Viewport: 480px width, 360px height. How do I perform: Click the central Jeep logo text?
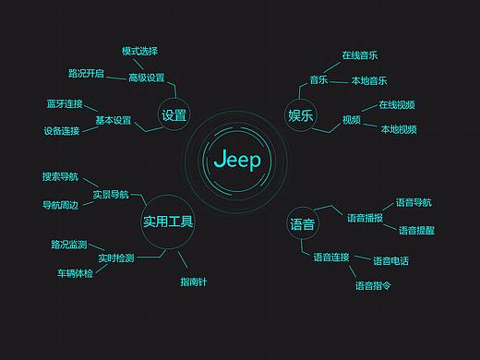[x=237, y=160]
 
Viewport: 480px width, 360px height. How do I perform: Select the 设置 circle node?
[x=174, y=115]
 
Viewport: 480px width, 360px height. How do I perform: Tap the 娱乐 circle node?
[x=301, y=115]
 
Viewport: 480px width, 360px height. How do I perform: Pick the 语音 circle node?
[x=302, y=224]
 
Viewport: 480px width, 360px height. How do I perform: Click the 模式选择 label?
[x=139, y=51]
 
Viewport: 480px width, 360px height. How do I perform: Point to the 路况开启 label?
[x=86, y=73]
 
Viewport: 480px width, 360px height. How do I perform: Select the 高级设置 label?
[x=146, y=78]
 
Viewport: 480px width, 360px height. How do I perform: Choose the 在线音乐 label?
[x=359, y=55]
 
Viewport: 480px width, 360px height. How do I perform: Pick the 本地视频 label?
[x=398, y=129]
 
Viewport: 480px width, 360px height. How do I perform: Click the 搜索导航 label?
[x=60, y=176]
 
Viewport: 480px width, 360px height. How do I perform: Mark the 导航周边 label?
[x=60, y=204]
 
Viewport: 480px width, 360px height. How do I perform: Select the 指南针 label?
[x=193, y=282]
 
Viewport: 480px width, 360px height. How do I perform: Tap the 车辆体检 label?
[x=75, y=273]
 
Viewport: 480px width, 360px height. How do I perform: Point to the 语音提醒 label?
[x=416, y=230]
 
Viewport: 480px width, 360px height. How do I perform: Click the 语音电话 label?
[x=390, y=261]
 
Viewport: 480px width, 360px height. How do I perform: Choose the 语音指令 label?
[x=373, y=286]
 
